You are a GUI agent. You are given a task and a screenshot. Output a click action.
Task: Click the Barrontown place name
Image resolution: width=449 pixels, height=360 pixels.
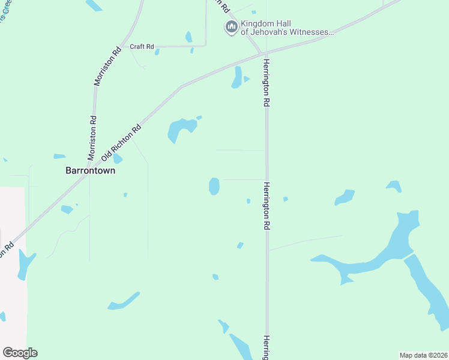(x=90, y=170)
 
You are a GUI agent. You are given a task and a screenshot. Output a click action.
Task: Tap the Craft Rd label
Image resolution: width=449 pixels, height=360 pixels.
(x=142, y=46)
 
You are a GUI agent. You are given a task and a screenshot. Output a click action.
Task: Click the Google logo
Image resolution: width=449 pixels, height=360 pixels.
(x=20, y=353)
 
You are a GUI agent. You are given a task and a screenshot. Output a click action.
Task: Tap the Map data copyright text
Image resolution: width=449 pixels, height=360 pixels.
(x=423, y=355)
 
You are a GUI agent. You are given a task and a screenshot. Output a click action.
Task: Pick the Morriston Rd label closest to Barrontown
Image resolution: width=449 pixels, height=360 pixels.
(x=92, y=138)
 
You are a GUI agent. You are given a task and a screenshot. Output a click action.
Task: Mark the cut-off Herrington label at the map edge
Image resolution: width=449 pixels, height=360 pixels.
(x=266, y=347)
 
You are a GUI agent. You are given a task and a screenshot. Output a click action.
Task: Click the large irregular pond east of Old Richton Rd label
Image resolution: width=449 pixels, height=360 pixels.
(x=181, y=128)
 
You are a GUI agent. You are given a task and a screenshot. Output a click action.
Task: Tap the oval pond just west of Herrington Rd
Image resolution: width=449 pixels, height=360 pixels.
(x=214, y=186)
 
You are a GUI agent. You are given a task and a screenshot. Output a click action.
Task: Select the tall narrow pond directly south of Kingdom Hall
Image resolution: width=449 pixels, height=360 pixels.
(x=238, y=77)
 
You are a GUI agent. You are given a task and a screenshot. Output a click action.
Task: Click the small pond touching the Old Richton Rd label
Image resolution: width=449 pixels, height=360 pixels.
(x=118, y=159)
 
